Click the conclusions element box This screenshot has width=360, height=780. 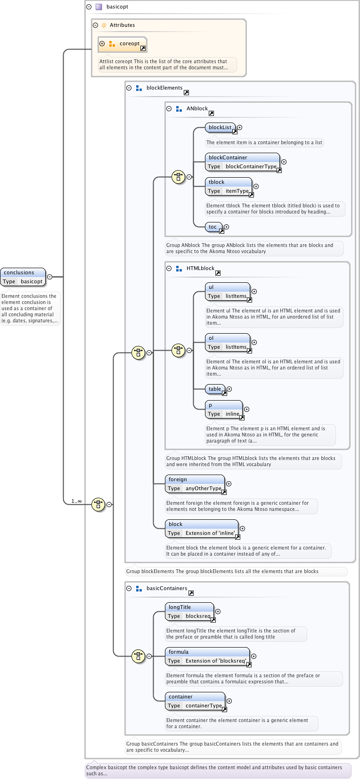(x=23, y=277)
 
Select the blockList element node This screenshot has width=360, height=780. (x=220, y=127)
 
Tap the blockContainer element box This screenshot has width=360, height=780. (x=242, y=162)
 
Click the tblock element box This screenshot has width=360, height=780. (x=229, y=186)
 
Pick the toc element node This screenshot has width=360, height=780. (x=213, y=227)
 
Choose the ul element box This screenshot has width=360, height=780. (x=227, y=291)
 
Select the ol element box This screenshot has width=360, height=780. (x=227, y=342)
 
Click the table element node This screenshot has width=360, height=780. (x=215, y=389)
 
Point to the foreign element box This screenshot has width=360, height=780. (x=195, y=484)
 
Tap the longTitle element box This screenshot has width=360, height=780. (x=189, y=611)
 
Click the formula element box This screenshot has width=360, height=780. (x=207, y=656)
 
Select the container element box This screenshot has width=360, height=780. (x=195, y=701)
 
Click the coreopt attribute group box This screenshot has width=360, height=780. (x=122, y=44)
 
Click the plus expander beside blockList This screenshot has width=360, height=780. (x=240, y=127)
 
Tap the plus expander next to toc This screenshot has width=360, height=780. (x=227, y=227)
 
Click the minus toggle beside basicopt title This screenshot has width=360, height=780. (x=89, y=7)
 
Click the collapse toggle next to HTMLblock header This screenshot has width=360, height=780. (x=169, y=268)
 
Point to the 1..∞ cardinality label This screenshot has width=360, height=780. (x=76, y=501)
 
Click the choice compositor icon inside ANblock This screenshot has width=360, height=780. (x=178, y=177)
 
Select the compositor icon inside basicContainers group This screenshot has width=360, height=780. (x=138, y=656)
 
